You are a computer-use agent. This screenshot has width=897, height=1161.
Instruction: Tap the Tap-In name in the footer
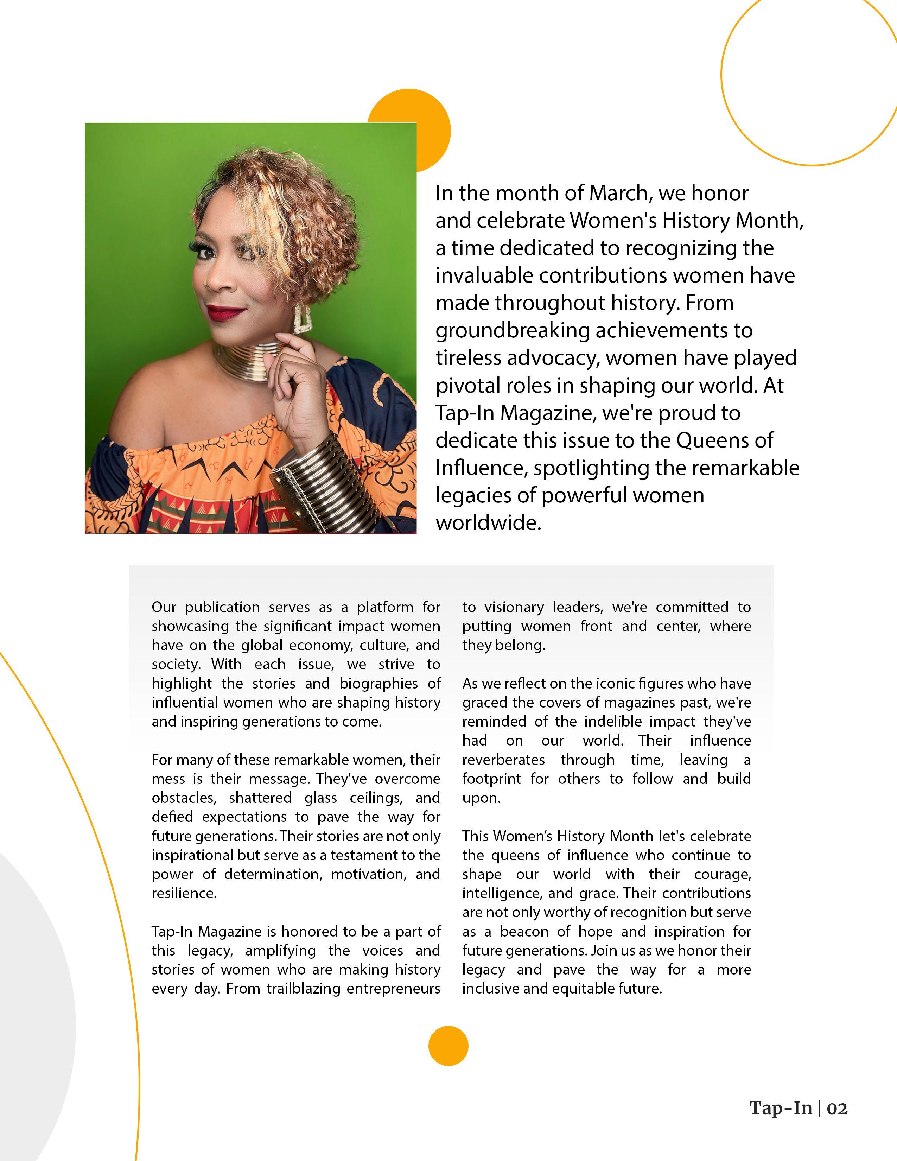pos(781,1108)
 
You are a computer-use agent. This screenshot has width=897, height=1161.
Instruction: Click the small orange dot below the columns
pos(448,1046)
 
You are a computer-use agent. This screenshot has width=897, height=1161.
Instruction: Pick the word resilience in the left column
pos(184,893)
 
